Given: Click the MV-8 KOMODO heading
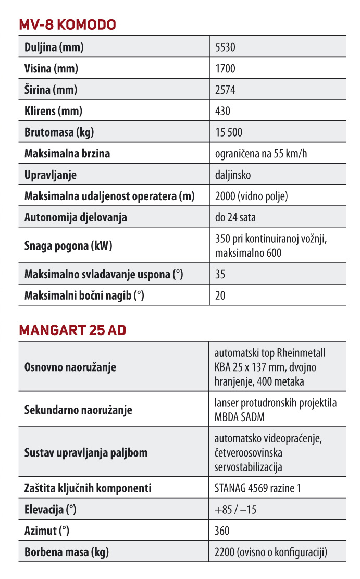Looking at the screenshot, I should tap(67, 24).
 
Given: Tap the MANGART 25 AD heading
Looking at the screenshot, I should tap(72, 330).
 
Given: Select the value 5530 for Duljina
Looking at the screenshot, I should tap(225, 47).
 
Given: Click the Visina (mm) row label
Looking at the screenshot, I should tap(52, 69).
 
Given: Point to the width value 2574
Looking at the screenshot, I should tap(225, 90).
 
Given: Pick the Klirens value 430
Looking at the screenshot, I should tap(222, 111).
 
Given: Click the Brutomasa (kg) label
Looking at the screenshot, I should tap(59, 132).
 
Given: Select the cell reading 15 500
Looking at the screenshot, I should tap(229, 132).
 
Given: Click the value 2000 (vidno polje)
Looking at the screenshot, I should tap(251, 196).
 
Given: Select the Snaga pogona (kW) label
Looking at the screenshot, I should tap(68, 245).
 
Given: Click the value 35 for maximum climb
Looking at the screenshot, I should tap(220, 274).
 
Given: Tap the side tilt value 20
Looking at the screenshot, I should tap(220, 295).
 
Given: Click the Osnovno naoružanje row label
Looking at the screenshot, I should tap(70, 367).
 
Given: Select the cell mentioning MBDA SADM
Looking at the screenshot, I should tap(276, 410).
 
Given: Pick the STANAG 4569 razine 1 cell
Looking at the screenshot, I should tap(258, 488).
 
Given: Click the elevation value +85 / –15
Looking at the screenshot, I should tap(235, 510).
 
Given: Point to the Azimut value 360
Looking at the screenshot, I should tap(222, 531).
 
